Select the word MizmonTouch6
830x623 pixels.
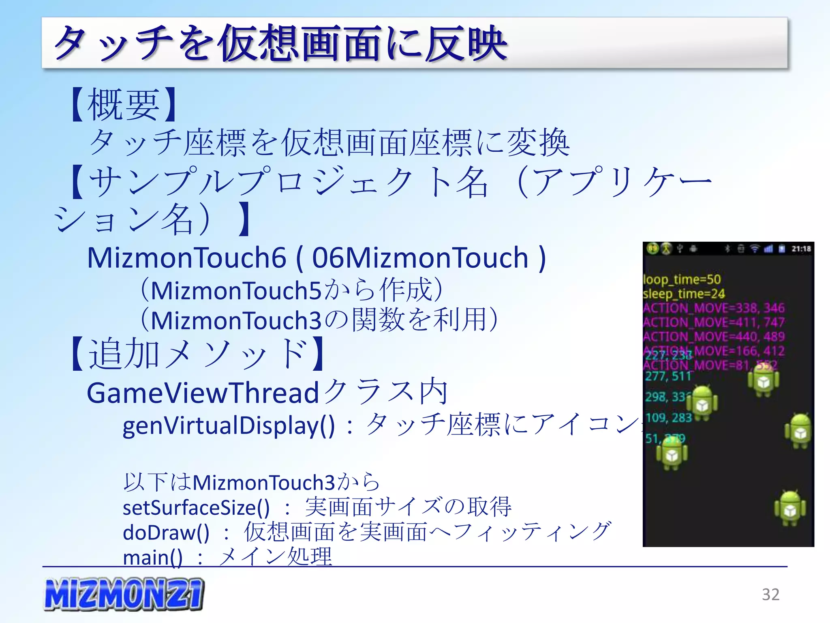[186, 258]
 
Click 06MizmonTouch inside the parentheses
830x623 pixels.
[420, 258]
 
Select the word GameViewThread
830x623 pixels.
[203, 393]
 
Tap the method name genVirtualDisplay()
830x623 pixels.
[229, 425]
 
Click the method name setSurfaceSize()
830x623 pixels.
[196, 507]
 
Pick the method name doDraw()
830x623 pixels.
[166, 533]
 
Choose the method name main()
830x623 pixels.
[153, 557]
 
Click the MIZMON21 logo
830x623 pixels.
[124, 594]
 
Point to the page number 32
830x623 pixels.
[770, 595]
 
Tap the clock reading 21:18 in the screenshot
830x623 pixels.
[801, 249]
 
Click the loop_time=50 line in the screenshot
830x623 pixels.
[682, 279]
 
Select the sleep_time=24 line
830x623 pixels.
[684, 293]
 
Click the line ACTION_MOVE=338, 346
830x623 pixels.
[714, 308]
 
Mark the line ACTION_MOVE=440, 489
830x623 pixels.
[714, 336]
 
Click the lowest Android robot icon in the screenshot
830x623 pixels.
[790, 509]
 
